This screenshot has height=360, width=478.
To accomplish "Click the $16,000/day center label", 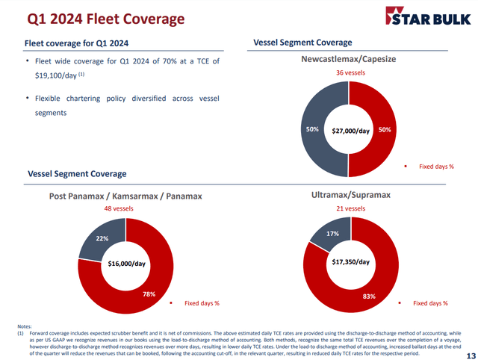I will [126, 264].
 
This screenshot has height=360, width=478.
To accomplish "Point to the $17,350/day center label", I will [350, 262].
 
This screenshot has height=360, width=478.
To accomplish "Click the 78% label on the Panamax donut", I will [149, 294].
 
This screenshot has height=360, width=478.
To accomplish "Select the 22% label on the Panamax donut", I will [99, 238].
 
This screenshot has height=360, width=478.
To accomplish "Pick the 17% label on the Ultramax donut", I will [333, 234].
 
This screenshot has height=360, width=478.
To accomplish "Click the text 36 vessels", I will [350, 73].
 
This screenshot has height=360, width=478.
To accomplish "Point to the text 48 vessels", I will [125, 209].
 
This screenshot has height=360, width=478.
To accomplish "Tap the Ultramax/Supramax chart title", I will [350, 195].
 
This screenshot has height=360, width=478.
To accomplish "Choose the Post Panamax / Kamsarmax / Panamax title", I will [125, 196].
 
